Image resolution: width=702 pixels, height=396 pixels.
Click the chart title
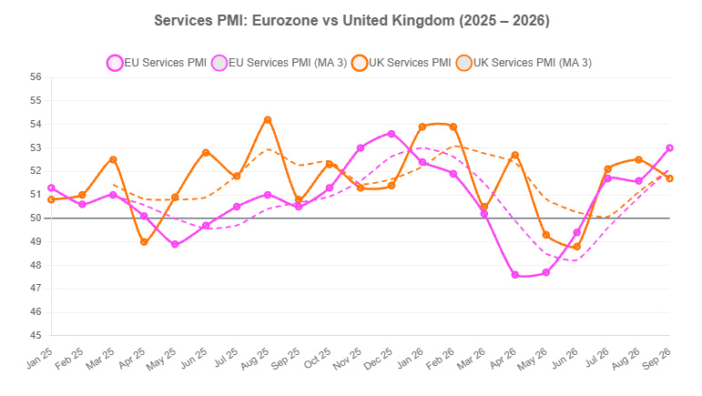[x=351, y=21]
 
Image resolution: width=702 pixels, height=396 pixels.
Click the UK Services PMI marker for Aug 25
[x=268, y=120]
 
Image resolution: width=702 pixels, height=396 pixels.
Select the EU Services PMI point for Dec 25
[x=392, y=134]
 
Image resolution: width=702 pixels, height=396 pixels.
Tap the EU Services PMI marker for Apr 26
[x=514, y=275]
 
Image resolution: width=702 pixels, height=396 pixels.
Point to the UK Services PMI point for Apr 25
[x=144, y=242]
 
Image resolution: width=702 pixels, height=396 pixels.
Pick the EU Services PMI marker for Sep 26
[x=670, y=148]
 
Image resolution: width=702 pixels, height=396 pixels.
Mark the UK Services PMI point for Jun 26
[x=576, y=247]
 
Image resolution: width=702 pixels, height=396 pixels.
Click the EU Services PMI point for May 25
[x=175, y=244]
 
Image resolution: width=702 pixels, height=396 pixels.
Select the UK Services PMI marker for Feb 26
[x=453, y=127]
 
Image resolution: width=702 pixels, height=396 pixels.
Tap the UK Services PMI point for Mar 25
[x=113, y=159]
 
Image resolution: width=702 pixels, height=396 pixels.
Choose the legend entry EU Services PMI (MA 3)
[x=280, y=63]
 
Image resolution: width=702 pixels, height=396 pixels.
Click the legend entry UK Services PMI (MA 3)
[x=524, y=63]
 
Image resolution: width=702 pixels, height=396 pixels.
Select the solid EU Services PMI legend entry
[x=157, y=63]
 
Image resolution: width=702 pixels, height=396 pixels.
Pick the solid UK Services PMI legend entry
[x=402, y=63]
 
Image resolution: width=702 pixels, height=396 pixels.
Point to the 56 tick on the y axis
[x=36, y=77]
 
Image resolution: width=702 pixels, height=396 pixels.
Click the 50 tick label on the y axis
[x=36, y=218]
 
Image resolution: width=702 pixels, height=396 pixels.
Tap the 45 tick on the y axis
[x=36, y=335]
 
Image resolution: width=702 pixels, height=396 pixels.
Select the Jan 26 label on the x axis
[x=410, y=359]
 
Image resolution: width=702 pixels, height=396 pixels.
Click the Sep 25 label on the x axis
[x=286, y=359]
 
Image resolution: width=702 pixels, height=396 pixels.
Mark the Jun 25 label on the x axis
[x=194, y=359]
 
